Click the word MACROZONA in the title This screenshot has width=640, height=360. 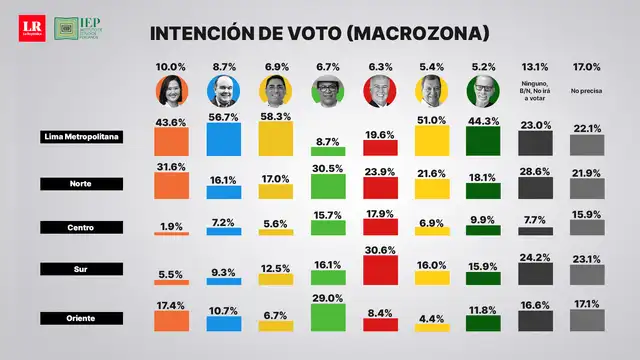coord(419,33)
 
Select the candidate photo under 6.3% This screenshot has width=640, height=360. coord(380,91)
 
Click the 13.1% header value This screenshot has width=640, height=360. coord(537,67)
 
